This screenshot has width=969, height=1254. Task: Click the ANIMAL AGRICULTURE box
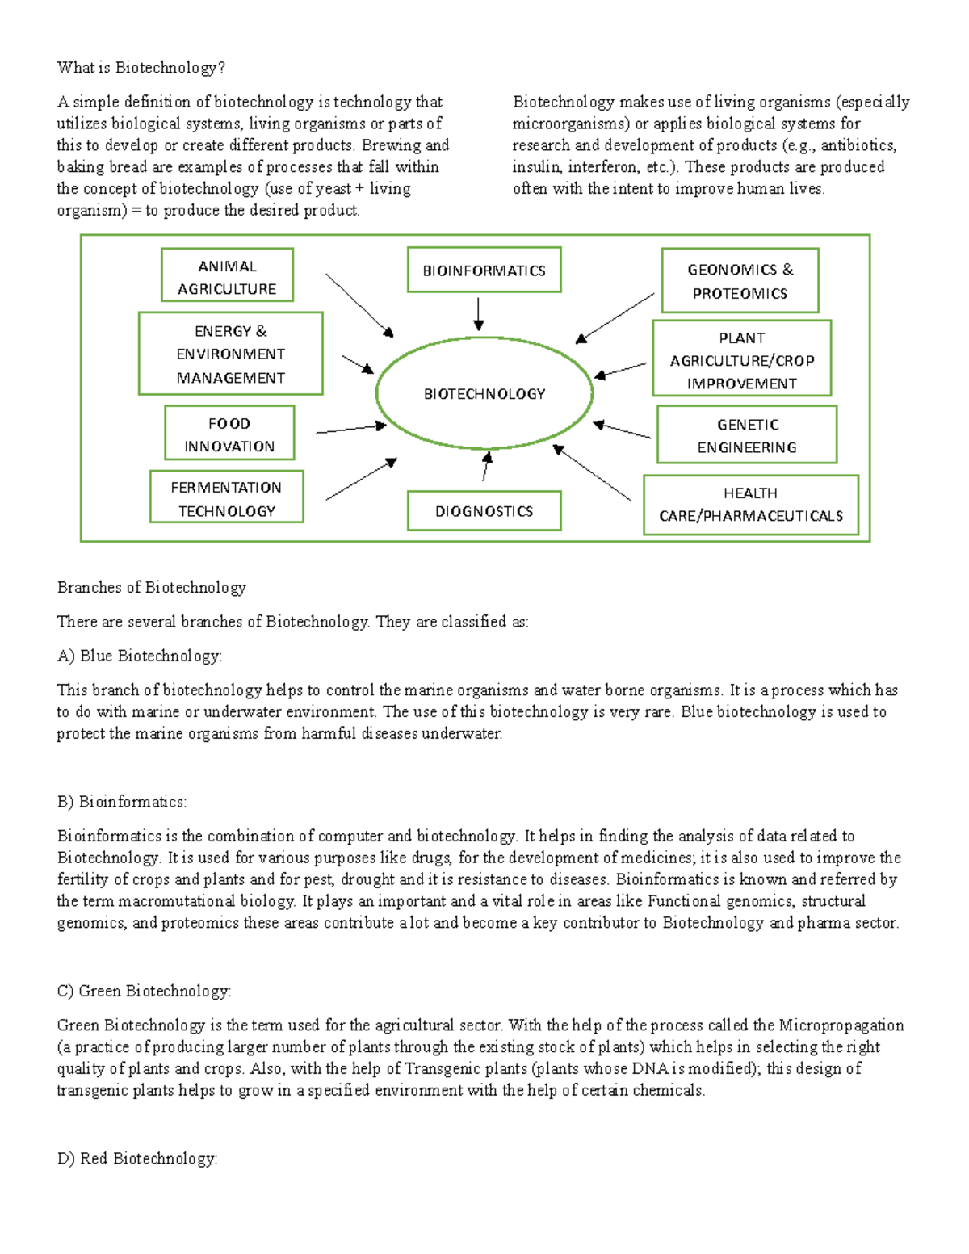tap(227, 275)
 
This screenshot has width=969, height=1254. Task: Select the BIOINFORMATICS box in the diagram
tap(484, 270)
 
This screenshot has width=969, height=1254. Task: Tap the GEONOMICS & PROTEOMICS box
tap(740, 280)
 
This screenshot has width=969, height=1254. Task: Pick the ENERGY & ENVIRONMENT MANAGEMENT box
tap(230, 354)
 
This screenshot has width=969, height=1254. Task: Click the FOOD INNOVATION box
tap(229, 434)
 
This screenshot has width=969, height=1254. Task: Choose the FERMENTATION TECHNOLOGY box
tap(226, 497)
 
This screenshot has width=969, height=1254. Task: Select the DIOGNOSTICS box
tap(484, 510)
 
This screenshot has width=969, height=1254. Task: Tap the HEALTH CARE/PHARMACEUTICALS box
tap(750, 505)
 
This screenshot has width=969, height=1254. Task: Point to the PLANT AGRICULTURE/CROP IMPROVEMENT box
tap(741, 359)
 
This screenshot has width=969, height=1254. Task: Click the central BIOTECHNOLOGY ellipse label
tap(484, 394)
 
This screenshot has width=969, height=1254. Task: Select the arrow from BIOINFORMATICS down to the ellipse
tap(479, 313)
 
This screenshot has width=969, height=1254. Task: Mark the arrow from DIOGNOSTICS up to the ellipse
tap(485, 467)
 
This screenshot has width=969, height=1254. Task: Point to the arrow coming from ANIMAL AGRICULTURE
tap(359, 305)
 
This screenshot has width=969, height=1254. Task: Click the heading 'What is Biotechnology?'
tap(141, 68)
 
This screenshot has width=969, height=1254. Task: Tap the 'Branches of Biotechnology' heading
tap(152, 588)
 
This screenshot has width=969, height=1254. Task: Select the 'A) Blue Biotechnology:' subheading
tap(140, 656)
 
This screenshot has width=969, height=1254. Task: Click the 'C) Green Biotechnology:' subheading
tap(145, 992)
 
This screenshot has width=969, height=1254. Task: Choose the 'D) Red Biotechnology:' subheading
tap(137, 1159)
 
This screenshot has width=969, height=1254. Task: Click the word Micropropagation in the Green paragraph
tap(841, 1025)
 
